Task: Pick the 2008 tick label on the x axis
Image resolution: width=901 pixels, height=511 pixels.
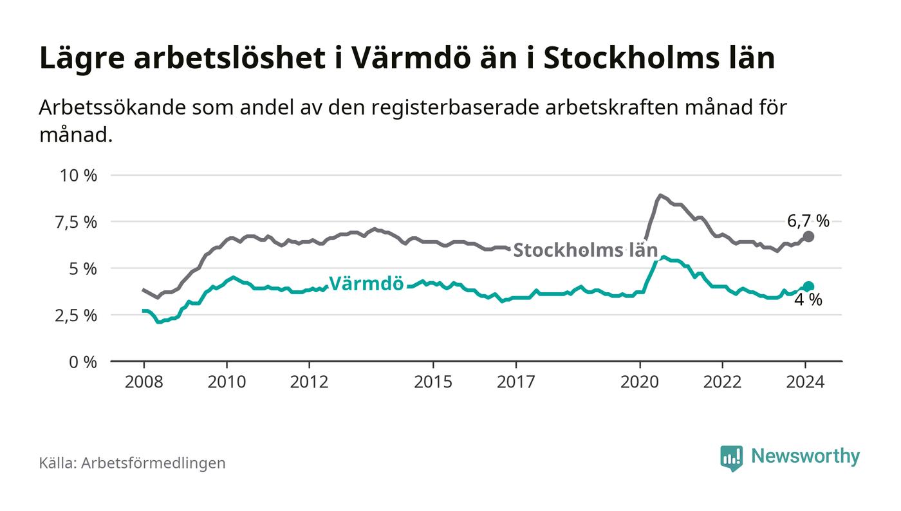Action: click(144, 382)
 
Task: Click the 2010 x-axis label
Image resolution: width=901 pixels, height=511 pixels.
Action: click(227, 382)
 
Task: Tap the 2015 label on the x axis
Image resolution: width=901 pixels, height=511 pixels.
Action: click(433, 382)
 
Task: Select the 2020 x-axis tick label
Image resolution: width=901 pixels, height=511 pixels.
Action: click(640, 382)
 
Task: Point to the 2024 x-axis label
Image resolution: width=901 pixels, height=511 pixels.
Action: click(805, 382)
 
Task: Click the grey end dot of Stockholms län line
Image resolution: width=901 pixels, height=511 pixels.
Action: click(809, 236)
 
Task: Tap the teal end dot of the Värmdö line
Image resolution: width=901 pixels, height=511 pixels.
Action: click(809, 286)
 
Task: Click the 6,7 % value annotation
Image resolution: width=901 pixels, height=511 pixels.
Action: click(808, 221)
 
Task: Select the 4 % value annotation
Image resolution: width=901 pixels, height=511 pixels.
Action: click(808, 300)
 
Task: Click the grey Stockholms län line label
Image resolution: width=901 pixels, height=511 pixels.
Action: click(585, 250)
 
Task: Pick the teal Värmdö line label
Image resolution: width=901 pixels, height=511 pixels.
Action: click(366, 284)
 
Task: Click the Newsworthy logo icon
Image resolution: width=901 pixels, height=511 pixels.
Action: click(731, 458)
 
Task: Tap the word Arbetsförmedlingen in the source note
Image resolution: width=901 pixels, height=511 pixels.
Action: click(153, 463)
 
